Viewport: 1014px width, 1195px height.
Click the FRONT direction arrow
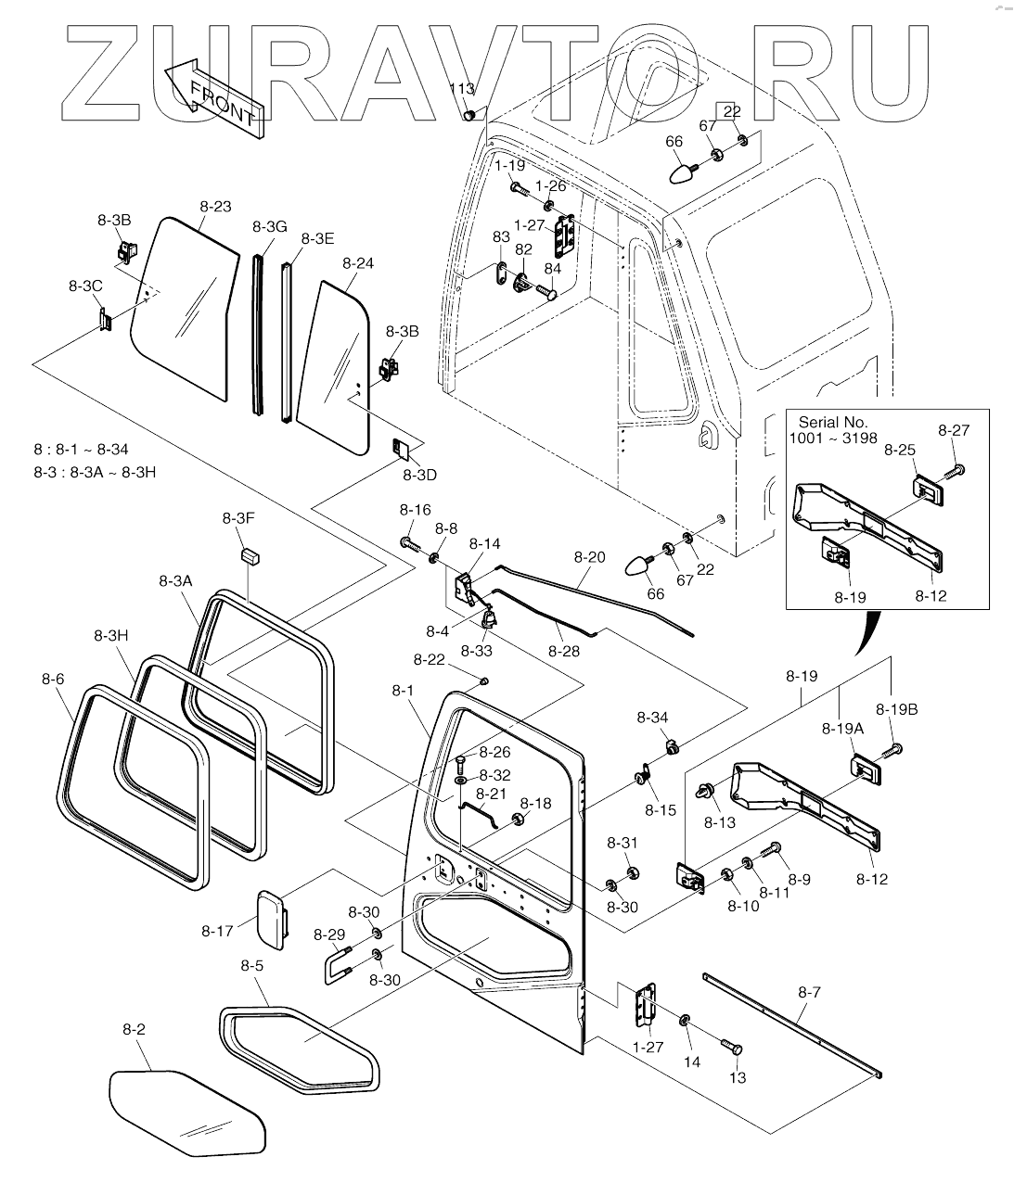(214, 98)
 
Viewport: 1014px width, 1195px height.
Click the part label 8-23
(216, 207)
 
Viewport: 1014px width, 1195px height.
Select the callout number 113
(462, 89)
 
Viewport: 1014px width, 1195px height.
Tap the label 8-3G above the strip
(270, 226)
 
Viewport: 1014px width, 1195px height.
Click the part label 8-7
(809, 992)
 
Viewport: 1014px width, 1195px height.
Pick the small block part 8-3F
(250, 557)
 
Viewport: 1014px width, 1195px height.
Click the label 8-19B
(896, 709)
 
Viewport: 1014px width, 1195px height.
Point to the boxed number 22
(732, 111)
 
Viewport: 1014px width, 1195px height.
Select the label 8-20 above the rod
(589, 557)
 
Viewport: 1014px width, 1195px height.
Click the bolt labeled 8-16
(409, 543)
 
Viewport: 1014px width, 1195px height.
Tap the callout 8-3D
(420, 475)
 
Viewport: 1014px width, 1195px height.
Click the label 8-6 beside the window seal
(53, 680)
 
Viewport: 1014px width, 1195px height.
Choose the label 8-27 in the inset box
(954, 430)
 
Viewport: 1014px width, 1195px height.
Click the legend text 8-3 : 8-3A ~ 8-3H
(95, 472)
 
